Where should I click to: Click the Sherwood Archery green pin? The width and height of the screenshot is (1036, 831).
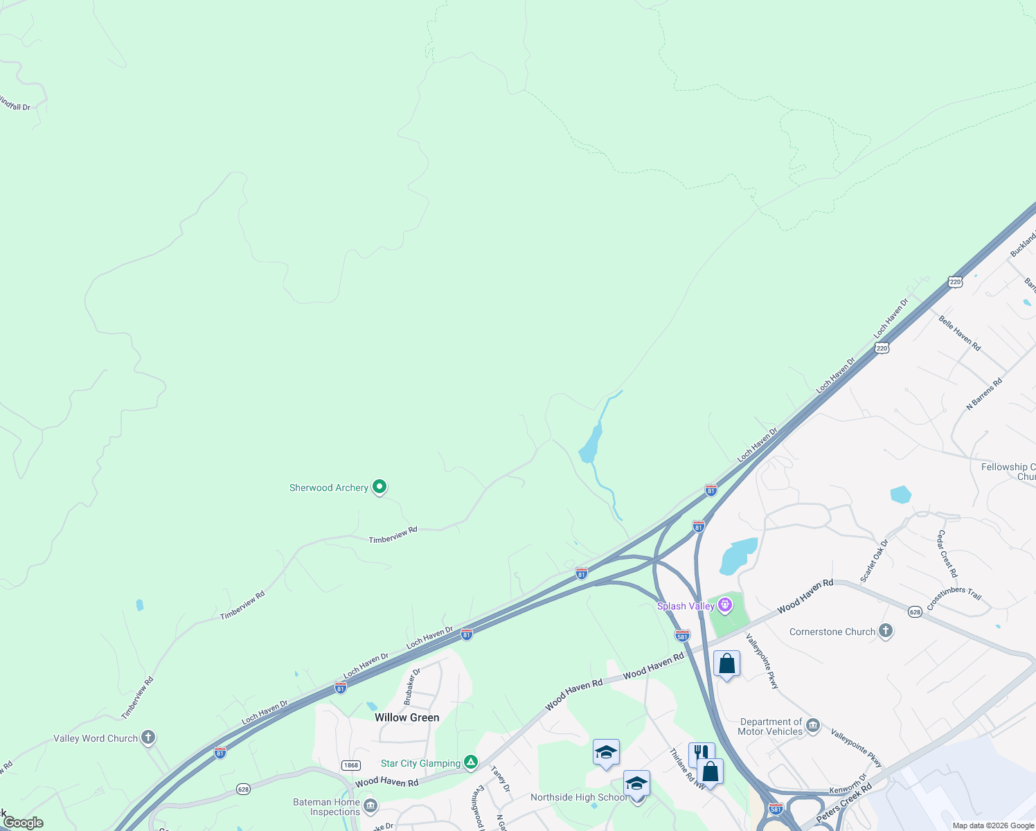379,488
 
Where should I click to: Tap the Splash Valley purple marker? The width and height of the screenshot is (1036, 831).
725,606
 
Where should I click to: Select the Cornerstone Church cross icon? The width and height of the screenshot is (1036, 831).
885,631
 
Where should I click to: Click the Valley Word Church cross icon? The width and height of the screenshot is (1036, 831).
148,738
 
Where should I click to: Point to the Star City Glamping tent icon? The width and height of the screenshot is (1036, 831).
471,762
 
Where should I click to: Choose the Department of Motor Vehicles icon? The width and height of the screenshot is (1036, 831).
813,726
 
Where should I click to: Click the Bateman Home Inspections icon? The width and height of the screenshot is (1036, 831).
370,806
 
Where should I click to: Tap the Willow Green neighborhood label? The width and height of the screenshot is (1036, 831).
407,717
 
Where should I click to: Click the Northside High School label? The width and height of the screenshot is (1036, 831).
578,797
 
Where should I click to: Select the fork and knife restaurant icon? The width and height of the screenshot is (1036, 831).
701,753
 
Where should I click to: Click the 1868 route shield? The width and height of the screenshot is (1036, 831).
350,765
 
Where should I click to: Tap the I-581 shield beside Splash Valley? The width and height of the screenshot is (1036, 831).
682,636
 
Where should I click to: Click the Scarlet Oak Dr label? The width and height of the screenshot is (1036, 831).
874,560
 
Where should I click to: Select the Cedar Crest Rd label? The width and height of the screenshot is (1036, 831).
947,553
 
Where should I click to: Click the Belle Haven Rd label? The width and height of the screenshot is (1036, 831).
960,332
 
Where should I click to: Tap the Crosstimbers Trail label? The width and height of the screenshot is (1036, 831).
954,598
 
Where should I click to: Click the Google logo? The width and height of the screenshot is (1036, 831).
23,823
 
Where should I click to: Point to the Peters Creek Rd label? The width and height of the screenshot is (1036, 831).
843,803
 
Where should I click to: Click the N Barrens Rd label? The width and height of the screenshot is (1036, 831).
984,394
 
